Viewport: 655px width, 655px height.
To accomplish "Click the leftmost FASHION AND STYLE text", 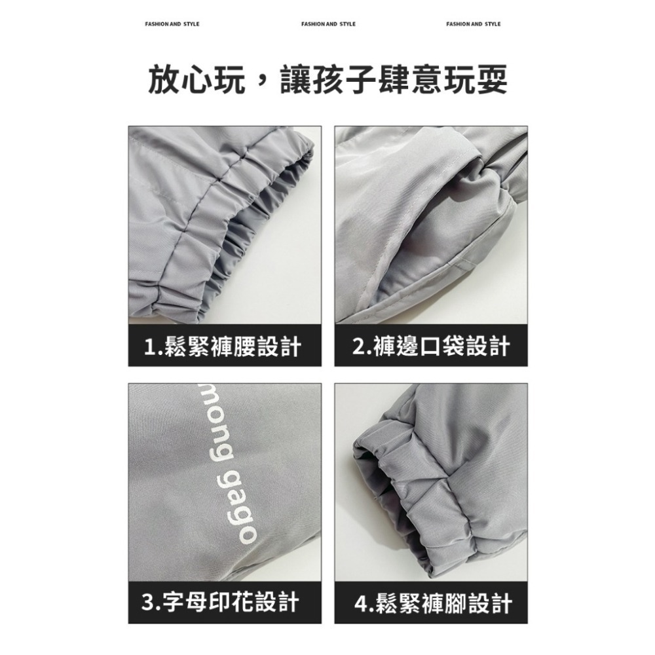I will (x=172, y=24).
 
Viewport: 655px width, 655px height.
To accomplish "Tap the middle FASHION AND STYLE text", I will (x=328, y=24).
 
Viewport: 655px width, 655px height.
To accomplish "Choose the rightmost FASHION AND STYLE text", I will (x=473, y=24).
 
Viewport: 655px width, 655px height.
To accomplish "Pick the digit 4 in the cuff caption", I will (x=360, y=603).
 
